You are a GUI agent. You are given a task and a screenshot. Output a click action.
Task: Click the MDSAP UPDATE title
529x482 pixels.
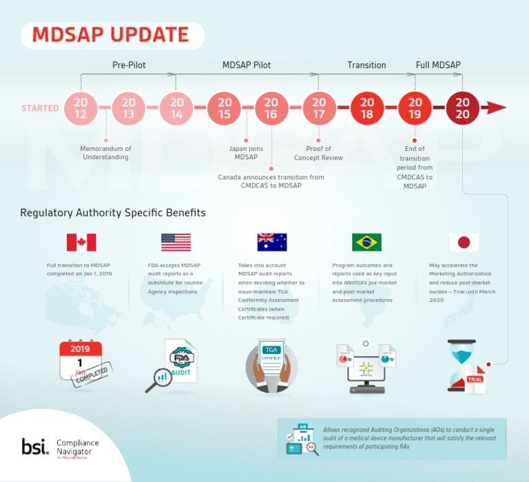[x=111, y=35]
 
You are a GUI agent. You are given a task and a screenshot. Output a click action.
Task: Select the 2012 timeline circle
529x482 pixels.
[x=81, y=108]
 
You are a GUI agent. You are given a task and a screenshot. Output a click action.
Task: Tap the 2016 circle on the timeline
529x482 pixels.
[x=271, y=108]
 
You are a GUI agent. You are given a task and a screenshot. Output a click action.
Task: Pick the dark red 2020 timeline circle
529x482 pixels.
[x=463, y=108]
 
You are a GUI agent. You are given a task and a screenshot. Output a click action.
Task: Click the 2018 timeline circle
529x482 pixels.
[x=367, y=108]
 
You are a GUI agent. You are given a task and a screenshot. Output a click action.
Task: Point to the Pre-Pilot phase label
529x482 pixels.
[x=129, y=65]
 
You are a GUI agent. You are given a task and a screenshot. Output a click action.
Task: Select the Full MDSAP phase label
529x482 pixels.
[x=438, y=65]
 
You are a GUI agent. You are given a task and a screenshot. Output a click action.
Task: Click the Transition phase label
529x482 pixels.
[x=366, y=65]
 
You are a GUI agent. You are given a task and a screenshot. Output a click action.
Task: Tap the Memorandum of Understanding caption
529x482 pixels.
[x=105, y=153]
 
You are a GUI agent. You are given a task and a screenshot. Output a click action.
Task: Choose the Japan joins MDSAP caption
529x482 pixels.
[x=246, y=153]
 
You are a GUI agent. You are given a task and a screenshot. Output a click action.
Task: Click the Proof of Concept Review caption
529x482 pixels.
[x=318, y=153]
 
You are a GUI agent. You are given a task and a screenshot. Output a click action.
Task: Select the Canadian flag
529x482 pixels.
[x=81, y=242]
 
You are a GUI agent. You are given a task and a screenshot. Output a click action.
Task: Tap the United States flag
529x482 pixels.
[x=176, y=242]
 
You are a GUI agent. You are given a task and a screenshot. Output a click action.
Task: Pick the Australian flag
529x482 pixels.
[x=271, y=242]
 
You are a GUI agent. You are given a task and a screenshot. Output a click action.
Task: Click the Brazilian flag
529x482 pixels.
[x=366, y=242]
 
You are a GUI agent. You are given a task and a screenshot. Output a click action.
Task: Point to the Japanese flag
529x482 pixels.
[x=464, y=242]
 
